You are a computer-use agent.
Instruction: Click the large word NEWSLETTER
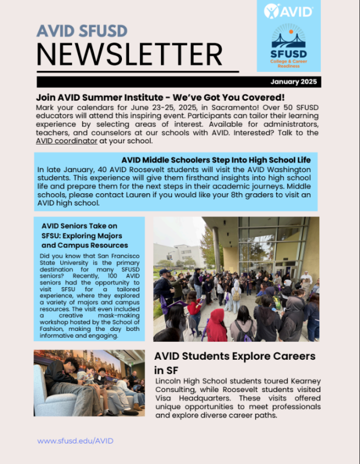click(129, 54)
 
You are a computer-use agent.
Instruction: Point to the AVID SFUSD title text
click(82, 31)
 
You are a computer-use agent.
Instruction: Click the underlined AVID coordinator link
click(66, 141)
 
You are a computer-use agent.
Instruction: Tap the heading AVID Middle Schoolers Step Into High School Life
click(216, 160)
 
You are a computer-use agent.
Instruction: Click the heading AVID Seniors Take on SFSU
click(85, 235)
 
